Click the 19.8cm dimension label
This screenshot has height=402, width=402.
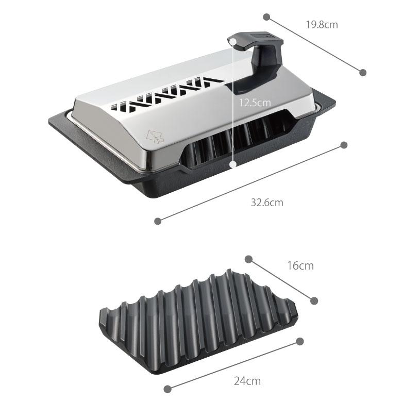tap(322, 25)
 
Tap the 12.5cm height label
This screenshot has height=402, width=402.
tap(255, 103)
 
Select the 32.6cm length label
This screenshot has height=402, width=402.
tap(267, 203)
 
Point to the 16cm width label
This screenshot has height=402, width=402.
tap(300, 265)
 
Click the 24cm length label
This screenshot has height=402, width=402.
tap(247, 381)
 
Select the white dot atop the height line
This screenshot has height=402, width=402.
tap(233, 41)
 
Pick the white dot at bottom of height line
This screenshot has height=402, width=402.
tap(233, 164)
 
